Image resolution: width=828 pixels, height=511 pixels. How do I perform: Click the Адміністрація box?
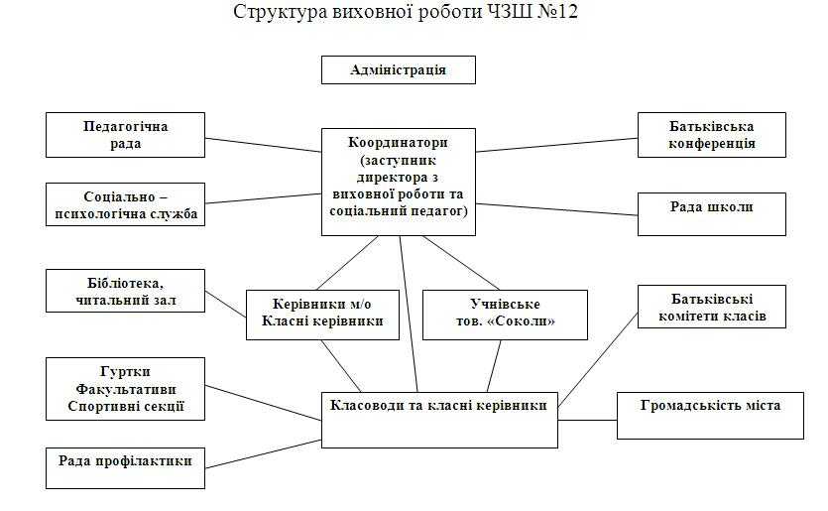pyautogui.click(x=398, y=69)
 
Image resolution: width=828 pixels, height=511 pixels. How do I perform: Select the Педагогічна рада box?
pyautogui.click(x=125, y=135)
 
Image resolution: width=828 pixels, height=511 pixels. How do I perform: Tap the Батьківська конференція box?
pyautogui.click(x=711, y=135)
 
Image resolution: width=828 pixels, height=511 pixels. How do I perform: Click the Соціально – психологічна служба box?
pyautogui.click(x=125, y=204)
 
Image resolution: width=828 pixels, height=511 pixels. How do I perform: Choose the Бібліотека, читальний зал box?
pyautogui.click(x=125, y=290)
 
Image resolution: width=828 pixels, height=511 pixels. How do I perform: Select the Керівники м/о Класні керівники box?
pyautogui.click(x=323, y=314)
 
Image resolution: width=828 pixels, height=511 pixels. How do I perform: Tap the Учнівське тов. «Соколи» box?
pyautogui.click(x=505, y=314)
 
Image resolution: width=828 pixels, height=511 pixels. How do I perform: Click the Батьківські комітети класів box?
pyautogui.click(x=711, y=308)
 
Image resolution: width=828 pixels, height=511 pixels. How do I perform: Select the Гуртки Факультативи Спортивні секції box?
pyautogui.click(x=125, y=388)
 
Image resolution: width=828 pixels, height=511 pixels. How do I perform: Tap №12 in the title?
pyautogui.click(x=559, y=13)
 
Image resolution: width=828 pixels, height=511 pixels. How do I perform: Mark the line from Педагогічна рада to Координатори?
pyautogui.click(x=264, y=144)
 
